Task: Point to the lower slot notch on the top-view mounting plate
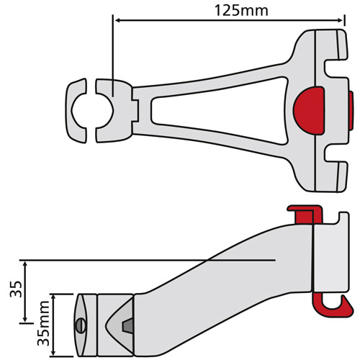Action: (x=333, y=150)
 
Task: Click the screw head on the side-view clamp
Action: (x=79, y=326)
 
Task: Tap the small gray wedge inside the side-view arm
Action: (x=127, y=326)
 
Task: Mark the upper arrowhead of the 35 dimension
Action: (x=27, y=263)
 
